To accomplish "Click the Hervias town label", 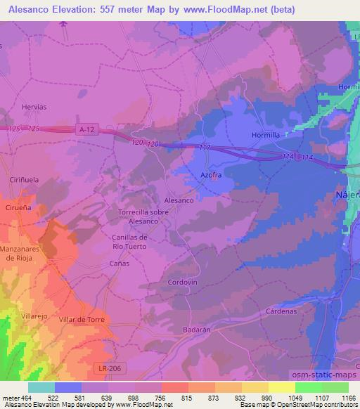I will click(34, 106).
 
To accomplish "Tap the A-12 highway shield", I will click(86, 129).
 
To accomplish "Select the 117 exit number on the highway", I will click(205, 147).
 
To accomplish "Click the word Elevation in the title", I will click(79, 10).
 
